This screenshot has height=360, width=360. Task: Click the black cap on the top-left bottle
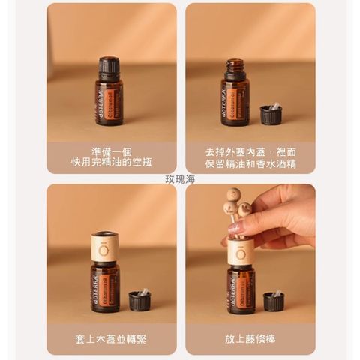[x=109, y=67]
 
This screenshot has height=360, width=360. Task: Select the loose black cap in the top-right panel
[x=270, y=114]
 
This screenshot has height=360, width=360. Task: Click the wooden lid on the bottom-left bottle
[x=104, y=247]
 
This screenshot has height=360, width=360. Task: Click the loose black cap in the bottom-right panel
[x=274, y=301]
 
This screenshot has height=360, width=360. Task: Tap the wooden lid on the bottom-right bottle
[x=240, y=251]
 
